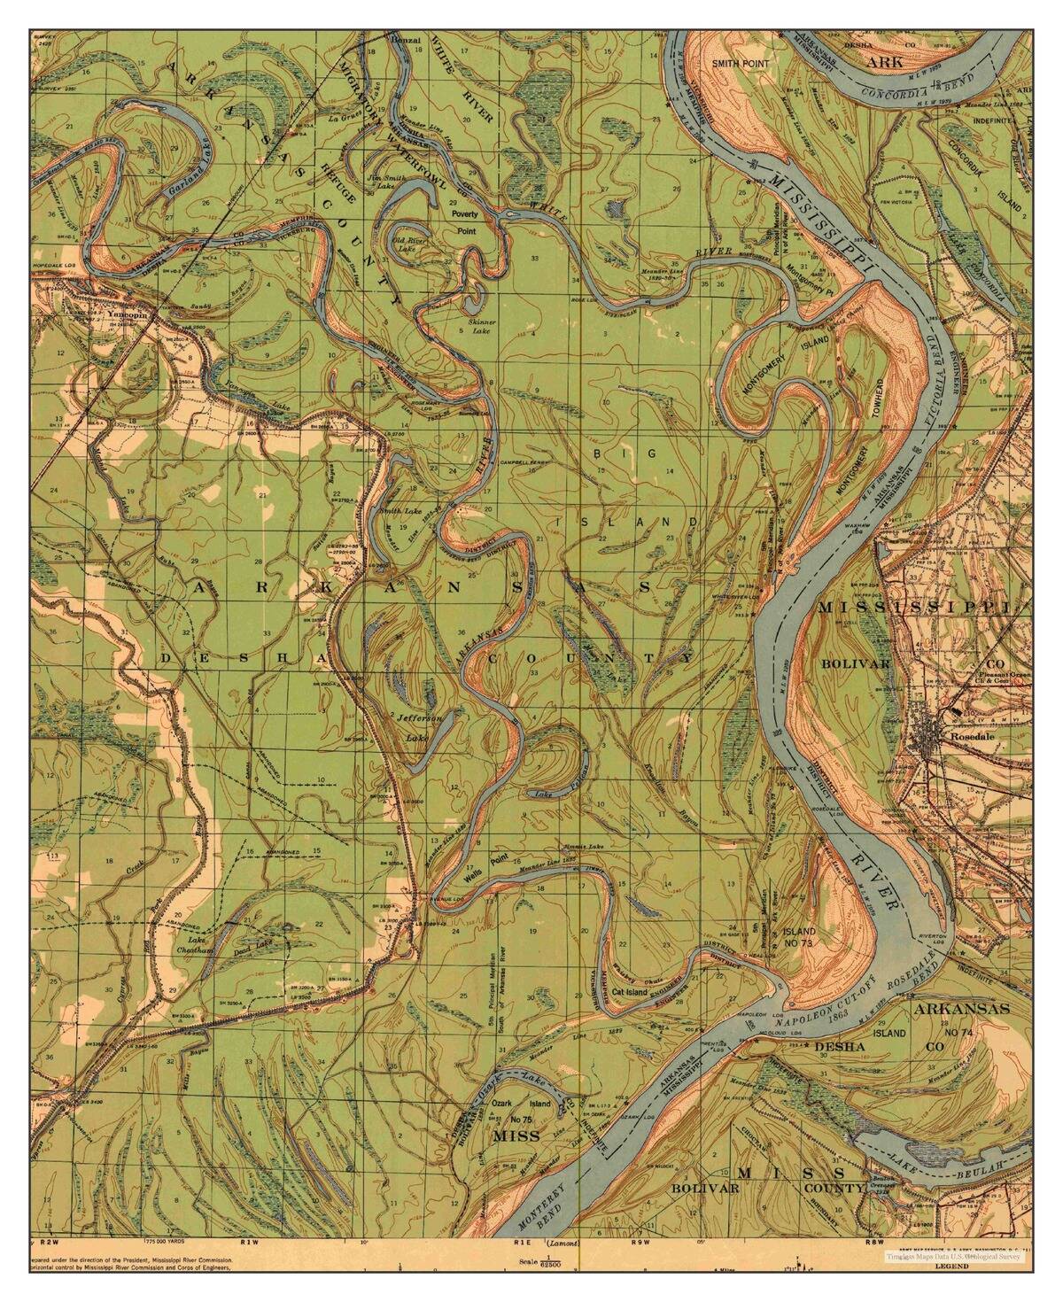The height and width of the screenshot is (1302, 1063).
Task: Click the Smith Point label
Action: click(743, 64)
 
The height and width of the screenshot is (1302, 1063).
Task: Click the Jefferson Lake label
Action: click(417, 726)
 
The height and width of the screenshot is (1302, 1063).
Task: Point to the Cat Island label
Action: click(630, 992)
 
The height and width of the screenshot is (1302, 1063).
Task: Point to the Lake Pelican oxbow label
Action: click(555, 794)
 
